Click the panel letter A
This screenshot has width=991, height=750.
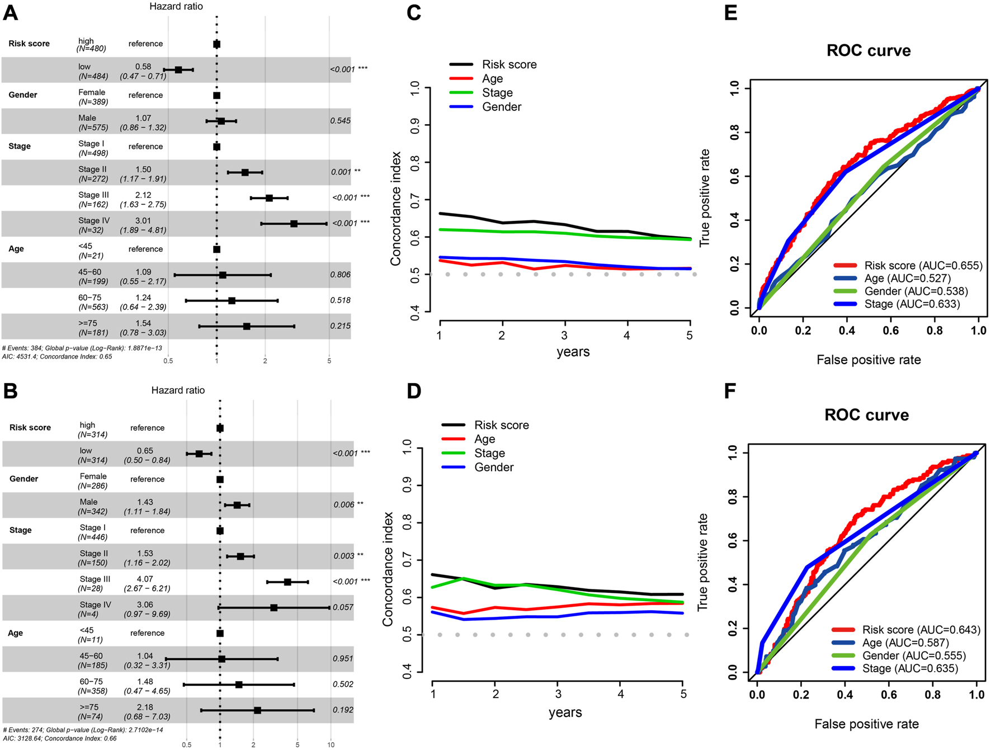point(11,12)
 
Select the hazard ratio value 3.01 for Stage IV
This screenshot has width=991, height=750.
point(143,221)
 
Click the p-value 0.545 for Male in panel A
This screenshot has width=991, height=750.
point(340,121)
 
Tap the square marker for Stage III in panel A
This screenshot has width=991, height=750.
point(269,198)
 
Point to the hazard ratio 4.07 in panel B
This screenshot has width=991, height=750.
point(145,579)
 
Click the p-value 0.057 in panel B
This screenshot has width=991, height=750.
point(343,607)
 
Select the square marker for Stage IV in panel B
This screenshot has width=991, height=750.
point(274,607)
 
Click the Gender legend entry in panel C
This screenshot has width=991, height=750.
point(501,107)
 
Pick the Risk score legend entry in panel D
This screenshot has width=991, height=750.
point(501,425)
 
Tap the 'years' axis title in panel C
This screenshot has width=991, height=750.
point(573,352)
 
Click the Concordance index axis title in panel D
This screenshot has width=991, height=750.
point(388,569)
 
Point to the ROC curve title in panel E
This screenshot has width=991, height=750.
point(869,51)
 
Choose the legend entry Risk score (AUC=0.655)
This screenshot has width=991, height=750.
point(923,266)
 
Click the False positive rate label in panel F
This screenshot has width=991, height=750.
point(866,724)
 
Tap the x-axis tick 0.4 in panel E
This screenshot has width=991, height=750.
point(847,331)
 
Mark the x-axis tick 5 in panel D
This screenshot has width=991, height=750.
point(683,694)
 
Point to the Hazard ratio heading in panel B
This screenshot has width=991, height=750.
point(178,390)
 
